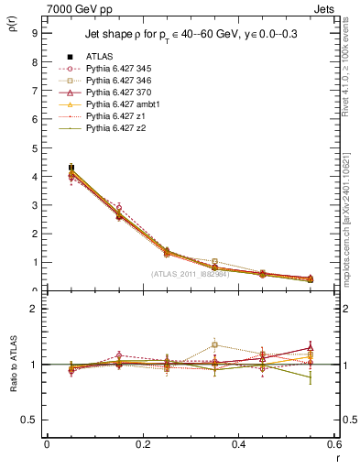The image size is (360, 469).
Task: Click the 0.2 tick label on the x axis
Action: [142, 443]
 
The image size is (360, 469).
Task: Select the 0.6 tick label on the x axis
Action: [333, 443]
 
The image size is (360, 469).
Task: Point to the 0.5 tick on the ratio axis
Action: [29, 420]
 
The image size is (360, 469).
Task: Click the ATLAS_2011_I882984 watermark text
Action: [190, 274]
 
